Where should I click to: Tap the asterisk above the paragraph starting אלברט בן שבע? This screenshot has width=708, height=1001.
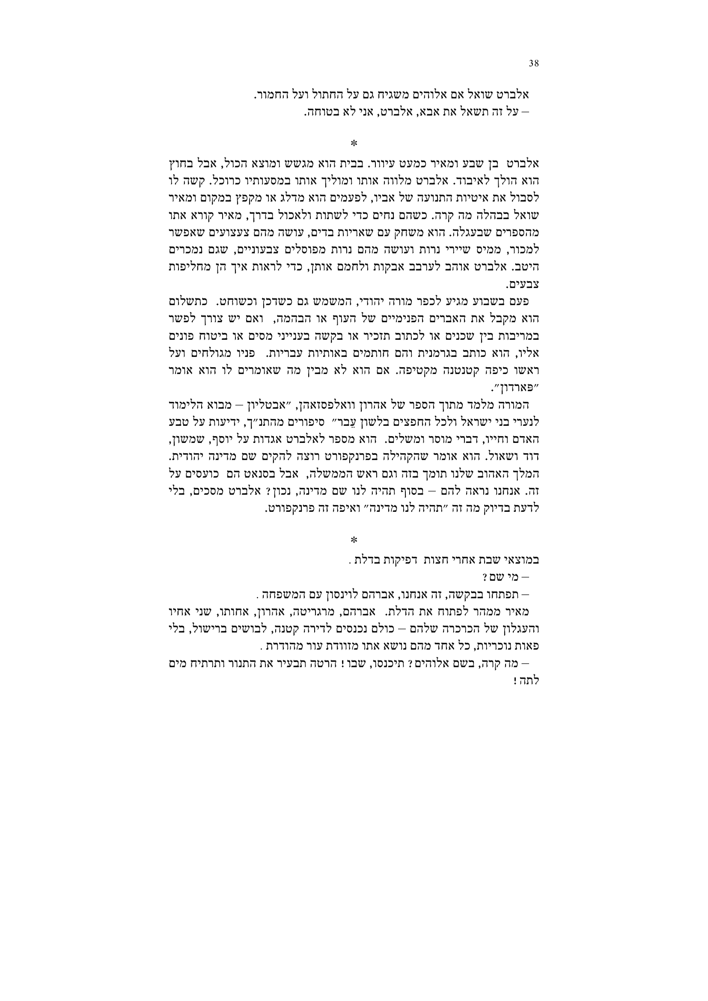(354, 143)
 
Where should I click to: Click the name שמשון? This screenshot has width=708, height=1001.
(194, 439)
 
